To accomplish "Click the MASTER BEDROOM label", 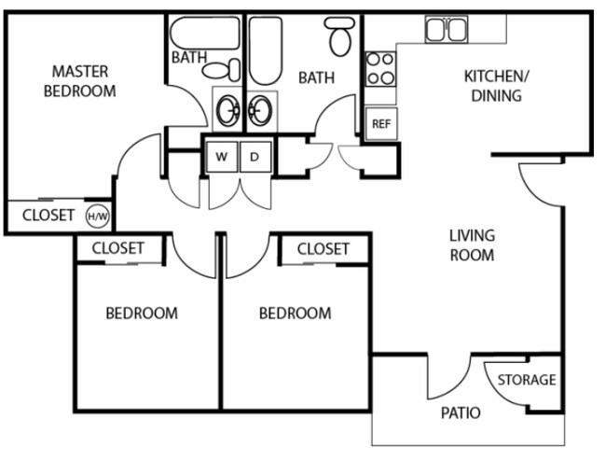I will point(79,81).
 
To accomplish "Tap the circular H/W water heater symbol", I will point(96,217).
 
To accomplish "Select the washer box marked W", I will point(222,157).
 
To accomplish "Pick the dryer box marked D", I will point(255,157).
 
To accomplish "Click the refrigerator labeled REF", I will point(380,123).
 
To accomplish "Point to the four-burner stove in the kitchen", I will point(380,68).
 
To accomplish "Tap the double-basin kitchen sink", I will point(447,30).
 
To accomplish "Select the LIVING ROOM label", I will point(472,245).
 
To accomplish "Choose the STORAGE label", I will point(526,380).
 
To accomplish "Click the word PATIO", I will point(461,412).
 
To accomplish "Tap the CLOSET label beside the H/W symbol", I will point(48,215).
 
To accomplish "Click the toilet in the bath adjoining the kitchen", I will point(340,36).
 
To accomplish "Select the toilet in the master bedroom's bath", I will point(216,70).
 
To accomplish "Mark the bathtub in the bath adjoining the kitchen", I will point(265,51).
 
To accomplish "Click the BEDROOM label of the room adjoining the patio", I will point(295,313).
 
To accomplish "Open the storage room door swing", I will point(503,387).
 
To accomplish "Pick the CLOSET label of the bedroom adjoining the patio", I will point(323,248).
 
